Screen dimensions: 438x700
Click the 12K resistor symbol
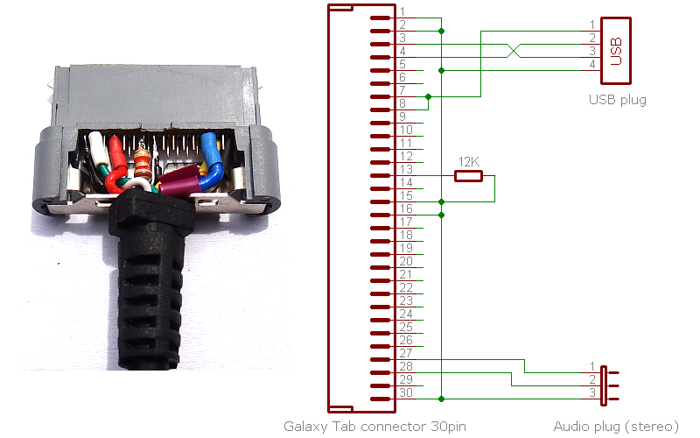[x=468, y=176]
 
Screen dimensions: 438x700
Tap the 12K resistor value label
[x=468, y=162]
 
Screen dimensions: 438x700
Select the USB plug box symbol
[x=616, y=45]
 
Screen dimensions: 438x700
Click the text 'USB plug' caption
[x=617, y=100]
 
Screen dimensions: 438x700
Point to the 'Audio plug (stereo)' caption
[x=615, y=427]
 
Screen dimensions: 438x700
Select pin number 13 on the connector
[x=405, y=169]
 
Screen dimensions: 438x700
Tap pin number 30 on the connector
[x=405, y=392]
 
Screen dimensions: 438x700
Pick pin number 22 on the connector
[x=405, y=287]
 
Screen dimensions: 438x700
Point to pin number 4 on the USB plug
[x=592, y=65]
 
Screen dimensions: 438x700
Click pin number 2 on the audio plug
[x=592, y=378]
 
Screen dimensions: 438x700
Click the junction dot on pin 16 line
[x=442, y=215]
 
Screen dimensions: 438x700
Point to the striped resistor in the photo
[x=143, y=162]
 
